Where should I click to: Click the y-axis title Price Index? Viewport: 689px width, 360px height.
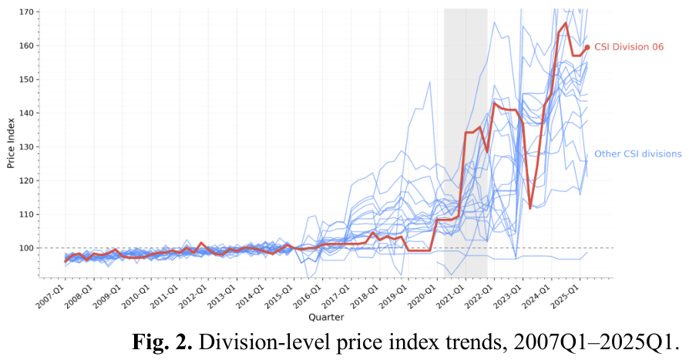coord(11,143)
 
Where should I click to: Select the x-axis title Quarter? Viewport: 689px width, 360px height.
coord(326,317)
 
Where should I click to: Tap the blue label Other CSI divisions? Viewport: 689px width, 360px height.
coord(638,153)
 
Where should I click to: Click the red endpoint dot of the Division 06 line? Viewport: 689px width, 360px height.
coord(587,47)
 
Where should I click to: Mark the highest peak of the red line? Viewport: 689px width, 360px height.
coord(566,23)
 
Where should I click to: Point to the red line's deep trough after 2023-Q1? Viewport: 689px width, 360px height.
coord(531,208)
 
